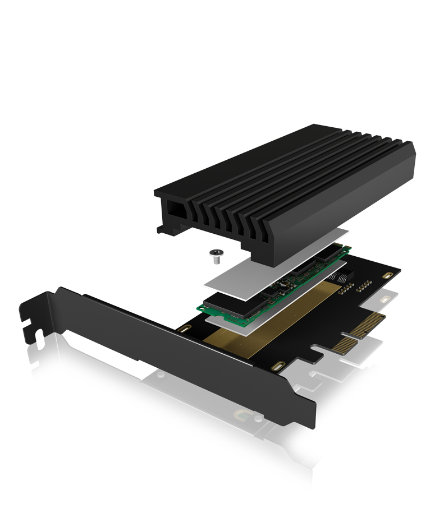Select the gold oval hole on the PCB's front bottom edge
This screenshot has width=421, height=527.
277,367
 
